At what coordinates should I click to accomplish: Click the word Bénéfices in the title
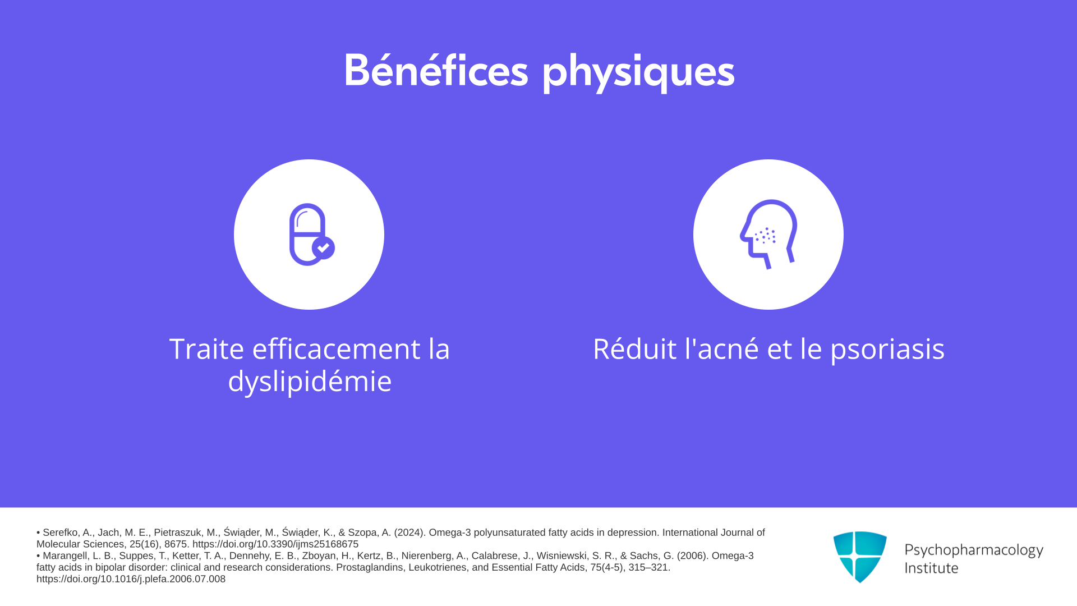pyautogui.click(x=436, y=70)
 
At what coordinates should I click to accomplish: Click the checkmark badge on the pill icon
pyautogui.click(x=324, y=247)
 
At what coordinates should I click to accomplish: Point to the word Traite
pyautogui.click(x=206, y=349)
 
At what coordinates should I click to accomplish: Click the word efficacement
pyautogui.click(x=337, y=349)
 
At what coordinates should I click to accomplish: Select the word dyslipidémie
pyautogui.click(x=310, y=382)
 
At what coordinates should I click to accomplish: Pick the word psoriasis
pyautogui.click(x=887, y=350)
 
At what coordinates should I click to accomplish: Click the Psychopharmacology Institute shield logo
pyautogui.click(x=860, y=557)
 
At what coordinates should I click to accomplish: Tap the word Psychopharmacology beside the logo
pyautogui.click(x=974, y=550)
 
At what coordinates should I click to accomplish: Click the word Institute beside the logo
pyautogui.click(x=931, y=568)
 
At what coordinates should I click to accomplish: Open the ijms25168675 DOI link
pyautogui.click(x=275, y=544)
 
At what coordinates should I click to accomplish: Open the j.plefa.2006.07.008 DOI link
pyautogui.click(x=131, y=579)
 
